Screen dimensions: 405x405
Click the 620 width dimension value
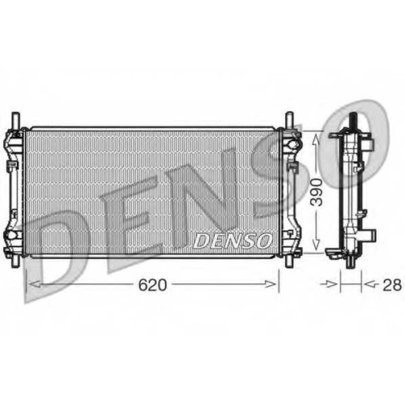coord(152,285)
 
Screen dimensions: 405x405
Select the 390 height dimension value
coord(317,192)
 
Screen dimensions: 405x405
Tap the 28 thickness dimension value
coord(392,285)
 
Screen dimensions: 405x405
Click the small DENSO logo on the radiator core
coord(232,241)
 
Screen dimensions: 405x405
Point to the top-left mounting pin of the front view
coord(15,121)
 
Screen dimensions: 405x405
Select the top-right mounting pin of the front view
coord(289,121)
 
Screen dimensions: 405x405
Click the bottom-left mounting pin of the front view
coord(15,261)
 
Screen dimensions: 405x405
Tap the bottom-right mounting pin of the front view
coord(289,261)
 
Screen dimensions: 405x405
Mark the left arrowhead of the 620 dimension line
coord(35,284)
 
